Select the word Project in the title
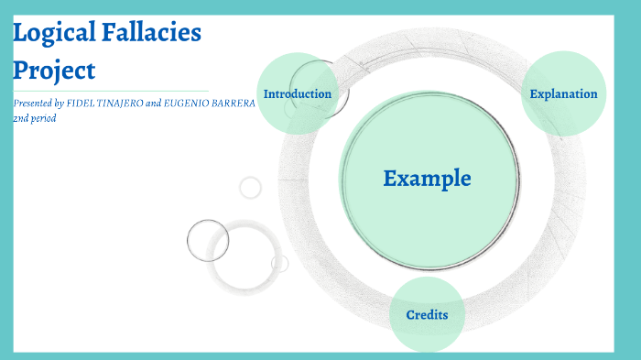[x=54, y=71]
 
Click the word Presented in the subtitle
[x=37, y=104]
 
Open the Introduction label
[x=297, y=94]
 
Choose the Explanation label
[x=563, y=94]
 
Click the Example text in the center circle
[x=427, y=179]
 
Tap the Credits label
[x=427, y=315]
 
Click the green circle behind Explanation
[x=563, y=73]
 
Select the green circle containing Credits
[x=427, y=334]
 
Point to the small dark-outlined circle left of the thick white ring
[x=208, y=240]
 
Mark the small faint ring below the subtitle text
[x=250, y=188]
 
